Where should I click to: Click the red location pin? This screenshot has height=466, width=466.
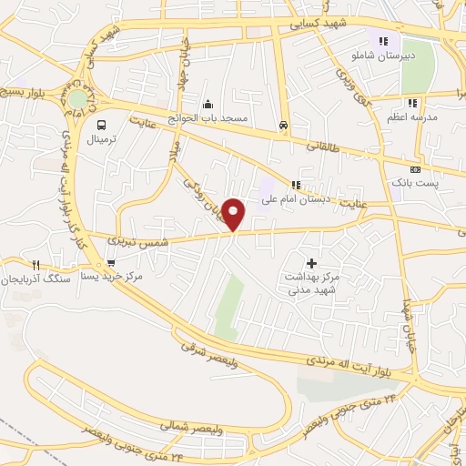click(x=235, y=214)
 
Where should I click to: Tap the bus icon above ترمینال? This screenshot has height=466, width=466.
click(x=101, y=126)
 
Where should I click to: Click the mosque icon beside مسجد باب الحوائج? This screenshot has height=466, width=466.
click(x=208, y=103)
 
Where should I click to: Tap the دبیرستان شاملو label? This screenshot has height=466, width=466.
click(x=377, y=56)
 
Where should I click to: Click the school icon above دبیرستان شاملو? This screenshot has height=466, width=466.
click(x=383, y=41)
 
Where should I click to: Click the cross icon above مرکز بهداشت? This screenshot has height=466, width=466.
click(x=312, y=262)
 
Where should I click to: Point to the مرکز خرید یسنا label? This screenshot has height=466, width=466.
click(x=112, y=276)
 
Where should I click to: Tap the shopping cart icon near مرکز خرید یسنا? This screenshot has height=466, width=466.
click(x=111, y=262)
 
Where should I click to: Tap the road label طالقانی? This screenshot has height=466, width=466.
click(x=321, y=145)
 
